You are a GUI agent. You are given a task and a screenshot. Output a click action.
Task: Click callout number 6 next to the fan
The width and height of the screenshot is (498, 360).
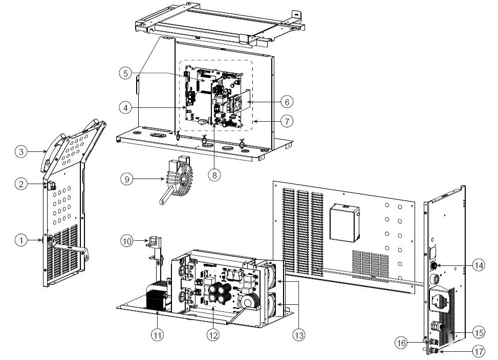tap(287, 102)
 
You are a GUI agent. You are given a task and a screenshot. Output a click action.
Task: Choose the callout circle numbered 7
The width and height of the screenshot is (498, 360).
tap(287, 121)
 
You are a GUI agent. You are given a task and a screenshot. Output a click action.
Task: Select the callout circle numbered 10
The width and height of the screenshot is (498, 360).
tap(127, 239)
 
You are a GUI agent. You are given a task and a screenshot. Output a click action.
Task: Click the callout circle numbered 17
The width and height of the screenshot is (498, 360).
tap(478, 351)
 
